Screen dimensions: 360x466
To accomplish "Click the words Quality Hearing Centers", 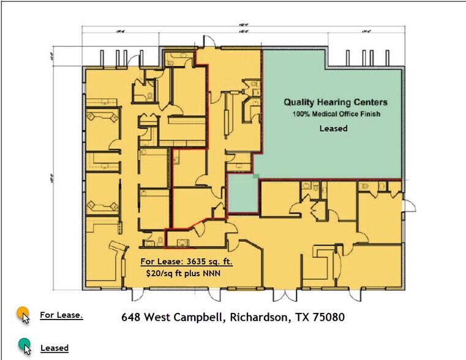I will pyautogui.click(x=334, y=102).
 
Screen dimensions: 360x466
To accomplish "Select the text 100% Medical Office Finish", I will pyautogui.click(x=334, y=114).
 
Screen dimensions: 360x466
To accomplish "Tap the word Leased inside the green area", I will pyautogui.click(x=334, y=129).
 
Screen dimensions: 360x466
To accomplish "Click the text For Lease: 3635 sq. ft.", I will pyautogui.click(x=187, y=261).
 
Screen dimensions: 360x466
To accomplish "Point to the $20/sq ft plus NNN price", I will pyautogui.click(x=182, y=274).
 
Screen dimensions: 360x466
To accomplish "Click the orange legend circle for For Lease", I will pyautogui.click(x=23, y=313).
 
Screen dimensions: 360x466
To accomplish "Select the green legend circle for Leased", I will pyautogui.click(x=23, y=344).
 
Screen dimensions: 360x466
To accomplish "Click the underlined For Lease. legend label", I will pyautogui.click(x=61, y=315).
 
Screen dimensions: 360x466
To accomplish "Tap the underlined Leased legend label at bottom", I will pyautogui.click(x=54, y=348).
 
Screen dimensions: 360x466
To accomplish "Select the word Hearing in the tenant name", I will pyautogui.click(x=333, y=102).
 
